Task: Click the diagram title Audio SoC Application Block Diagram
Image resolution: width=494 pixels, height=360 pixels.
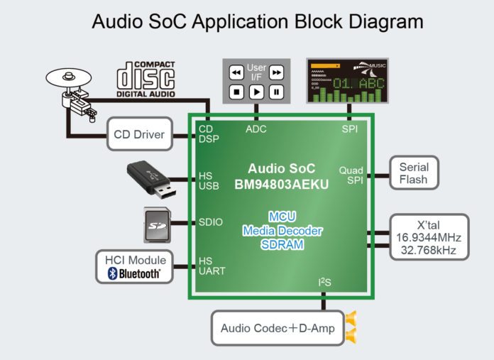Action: [x=258, y=22]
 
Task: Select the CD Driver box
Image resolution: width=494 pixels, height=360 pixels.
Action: [x=139, y=135]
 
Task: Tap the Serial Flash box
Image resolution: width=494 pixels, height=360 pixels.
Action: [x=413, y=173]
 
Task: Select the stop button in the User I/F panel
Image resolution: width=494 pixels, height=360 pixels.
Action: [x=236, y=92]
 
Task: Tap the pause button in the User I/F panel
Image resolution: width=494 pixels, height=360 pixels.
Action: [x=276, y=92]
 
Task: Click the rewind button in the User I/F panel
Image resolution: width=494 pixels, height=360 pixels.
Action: [x=236, y=72]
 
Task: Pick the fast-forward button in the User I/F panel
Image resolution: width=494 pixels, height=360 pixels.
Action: [x=276, y=72]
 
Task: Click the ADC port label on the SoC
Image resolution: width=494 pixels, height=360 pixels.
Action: [x=256, y=129]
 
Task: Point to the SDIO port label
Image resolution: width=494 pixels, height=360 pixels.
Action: [x=211, y=222]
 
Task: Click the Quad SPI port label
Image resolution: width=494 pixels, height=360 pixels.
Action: [x=351, y=175]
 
